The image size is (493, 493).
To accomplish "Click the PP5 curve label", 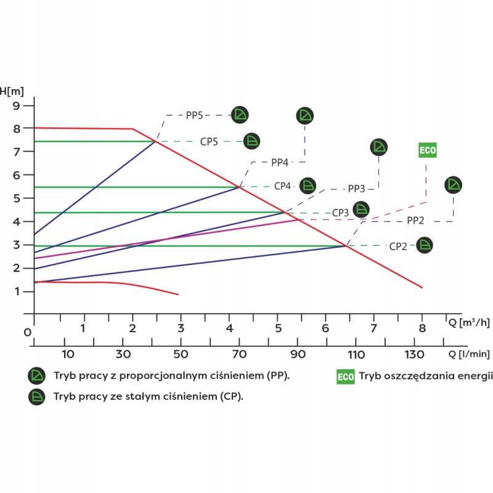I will click(x=195, y=115).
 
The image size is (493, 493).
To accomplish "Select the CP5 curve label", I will click(x=210, y=141).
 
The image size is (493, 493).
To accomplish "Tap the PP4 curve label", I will click(x=280, y=163).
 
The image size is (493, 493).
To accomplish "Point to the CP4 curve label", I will click(x=283, y=185).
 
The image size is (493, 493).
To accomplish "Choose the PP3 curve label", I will click(x=357, y=189).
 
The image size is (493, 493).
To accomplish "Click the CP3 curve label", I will click(x=341, y=213).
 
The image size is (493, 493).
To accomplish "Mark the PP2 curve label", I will click(x=415, y=221).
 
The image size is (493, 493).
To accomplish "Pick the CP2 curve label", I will click(x=398, y=246).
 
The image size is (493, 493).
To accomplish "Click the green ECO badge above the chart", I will click(x=427, y=150).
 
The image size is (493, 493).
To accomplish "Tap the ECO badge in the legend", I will click(x=345, y=377).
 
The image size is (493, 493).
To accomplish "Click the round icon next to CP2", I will click(x=425, y=245).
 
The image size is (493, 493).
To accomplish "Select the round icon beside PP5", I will click(x=240, y=114).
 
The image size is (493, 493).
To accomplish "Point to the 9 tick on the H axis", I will click(x=17, y=105).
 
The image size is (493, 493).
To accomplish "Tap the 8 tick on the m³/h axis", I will click(x=422, y=328).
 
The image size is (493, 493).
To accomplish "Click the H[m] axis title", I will click(x=12, y=91).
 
